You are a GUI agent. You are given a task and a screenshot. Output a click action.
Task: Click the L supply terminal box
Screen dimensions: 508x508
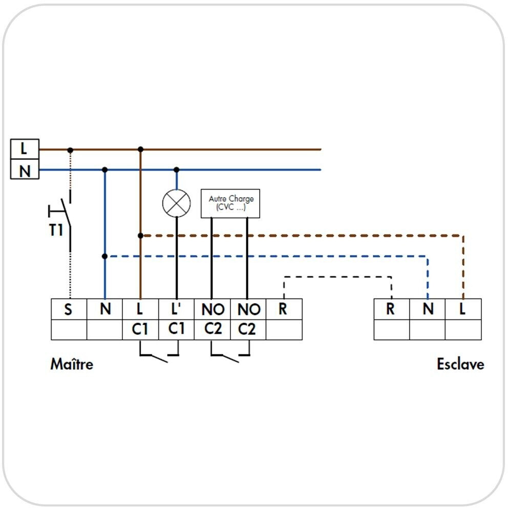coord(24,149)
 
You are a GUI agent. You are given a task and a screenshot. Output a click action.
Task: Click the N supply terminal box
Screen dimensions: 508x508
coord(24,170)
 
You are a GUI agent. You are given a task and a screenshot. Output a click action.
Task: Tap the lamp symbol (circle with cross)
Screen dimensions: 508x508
coord(176,203)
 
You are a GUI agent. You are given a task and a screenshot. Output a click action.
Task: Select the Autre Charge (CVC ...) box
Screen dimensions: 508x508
coord(231,203)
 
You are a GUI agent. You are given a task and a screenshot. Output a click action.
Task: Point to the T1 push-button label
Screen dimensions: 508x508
coord(56,230)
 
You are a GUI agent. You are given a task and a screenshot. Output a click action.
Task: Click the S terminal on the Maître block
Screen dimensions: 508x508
coord(69,309)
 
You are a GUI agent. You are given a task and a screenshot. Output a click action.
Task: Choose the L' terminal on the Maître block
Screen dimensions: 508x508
coord(176,309)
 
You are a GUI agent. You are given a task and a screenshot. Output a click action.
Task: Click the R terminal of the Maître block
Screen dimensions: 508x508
coord(284,309)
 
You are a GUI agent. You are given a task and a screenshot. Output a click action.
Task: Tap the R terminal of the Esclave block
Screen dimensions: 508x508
coord(391,309)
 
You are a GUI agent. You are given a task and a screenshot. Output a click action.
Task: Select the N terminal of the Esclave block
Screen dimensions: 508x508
coord(428,309)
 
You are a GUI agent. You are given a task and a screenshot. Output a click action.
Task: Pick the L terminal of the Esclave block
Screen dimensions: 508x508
coord(463,309)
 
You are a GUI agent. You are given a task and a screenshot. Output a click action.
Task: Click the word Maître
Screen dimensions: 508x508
coord(72,364)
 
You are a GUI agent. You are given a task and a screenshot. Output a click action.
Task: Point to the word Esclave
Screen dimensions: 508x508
coord(460,364)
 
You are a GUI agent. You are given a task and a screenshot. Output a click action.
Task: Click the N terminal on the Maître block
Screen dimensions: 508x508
coord(104,309)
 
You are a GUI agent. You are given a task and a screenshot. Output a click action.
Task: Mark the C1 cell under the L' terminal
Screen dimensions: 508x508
coord(176,329)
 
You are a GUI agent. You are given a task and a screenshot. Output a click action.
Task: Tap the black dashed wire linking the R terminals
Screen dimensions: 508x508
coord(338,277)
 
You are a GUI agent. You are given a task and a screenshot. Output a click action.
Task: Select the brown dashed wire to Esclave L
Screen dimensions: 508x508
coord(307,236)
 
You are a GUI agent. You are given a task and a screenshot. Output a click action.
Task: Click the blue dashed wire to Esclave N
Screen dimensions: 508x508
coord(266,256)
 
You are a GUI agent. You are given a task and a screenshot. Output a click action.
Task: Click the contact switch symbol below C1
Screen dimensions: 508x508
coord(158,355)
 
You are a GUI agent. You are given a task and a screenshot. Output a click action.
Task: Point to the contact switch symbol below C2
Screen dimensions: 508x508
coord(230,355)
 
